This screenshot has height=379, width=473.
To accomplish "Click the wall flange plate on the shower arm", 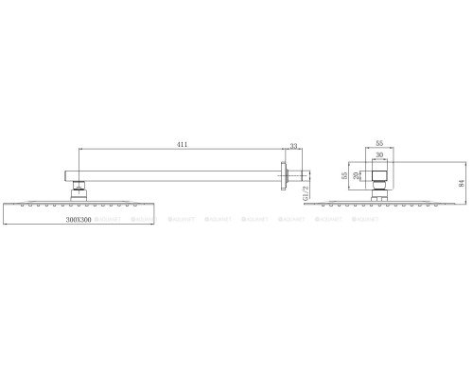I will pos(281,175).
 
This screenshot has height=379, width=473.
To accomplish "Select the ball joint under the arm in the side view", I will pos(78,189).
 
